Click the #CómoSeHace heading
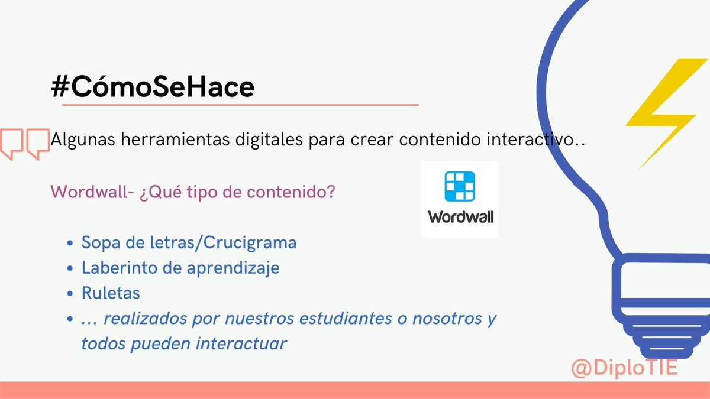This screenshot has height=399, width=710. pos(153,87)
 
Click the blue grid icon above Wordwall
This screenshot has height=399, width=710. pos(459,187)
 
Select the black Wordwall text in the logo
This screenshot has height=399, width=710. pos(460,216)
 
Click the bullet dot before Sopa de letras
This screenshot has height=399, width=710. pos(70,244)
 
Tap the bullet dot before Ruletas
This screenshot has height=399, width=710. pos(70,293)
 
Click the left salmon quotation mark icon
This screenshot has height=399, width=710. pos(11,142)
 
